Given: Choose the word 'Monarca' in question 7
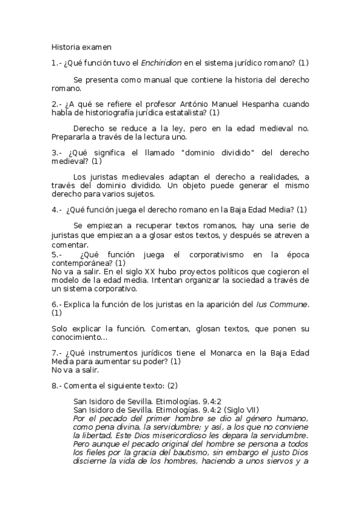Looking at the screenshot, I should click(x=204, y=353).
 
